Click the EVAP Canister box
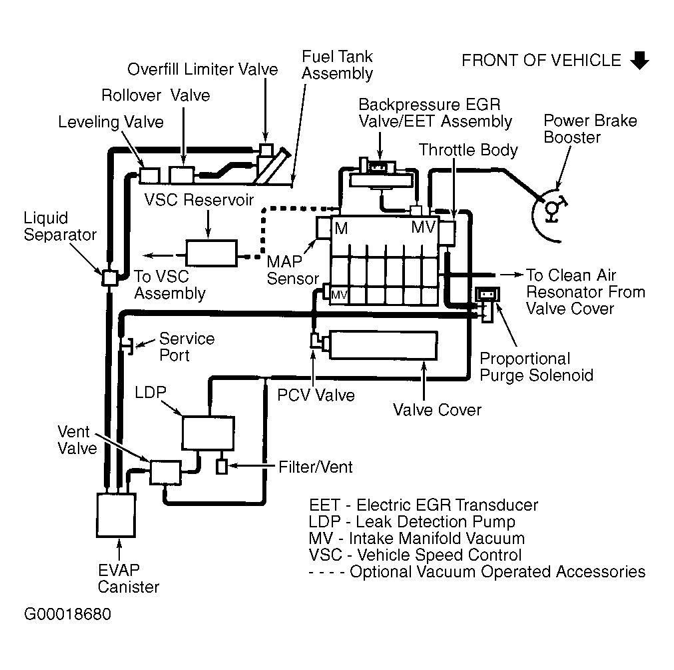pos(116,515)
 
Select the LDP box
pos(208,433)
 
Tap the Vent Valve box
pos(165,472)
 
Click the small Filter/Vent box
pos(221,467)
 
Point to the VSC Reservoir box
pos(212,253)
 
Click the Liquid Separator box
pos(110,278)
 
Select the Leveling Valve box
pos(150,175)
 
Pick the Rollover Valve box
pos(182,175)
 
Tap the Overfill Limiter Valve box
pos(266,149)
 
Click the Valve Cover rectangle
pos(383,345)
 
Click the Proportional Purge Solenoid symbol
pos(488,304)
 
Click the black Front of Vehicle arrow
pos(640,60)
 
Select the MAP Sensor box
pos(324,227)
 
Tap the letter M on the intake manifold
pos(341,228)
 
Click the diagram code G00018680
pos(67,614)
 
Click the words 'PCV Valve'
pos(316,395)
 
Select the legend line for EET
pos(424,505)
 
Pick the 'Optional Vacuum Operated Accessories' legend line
pos(477,572)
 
